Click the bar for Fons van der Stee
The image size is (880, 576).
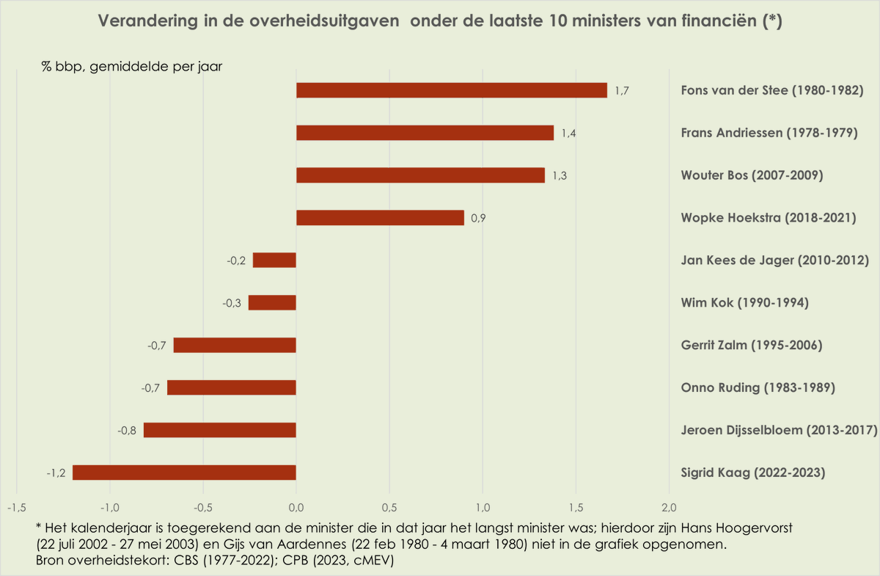451,90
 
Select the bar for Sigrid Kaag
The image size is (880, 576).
184,473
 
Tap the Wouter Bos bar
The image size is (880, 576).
420,175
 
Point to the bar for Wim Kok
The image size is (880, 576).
272,303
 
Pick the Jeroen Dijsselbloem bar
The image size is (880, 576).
220,430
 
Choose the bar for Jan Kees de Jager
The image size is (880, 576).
274,260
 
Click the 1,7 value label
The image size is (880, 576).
623,91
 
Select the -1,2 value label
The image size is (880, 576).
56,473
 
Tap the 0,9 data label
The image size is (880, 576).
477,219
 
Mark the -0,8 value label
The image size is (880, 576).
127,431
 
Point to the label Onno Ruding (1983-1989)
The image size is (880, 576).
758,388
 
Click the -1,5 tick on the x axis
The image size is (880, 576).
16,507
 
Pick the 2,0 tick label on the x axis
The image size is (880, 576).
669,507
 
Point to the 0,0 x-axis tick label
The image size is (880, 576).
296,507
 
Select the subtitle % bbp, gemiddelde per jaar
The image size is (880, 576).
132,66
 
